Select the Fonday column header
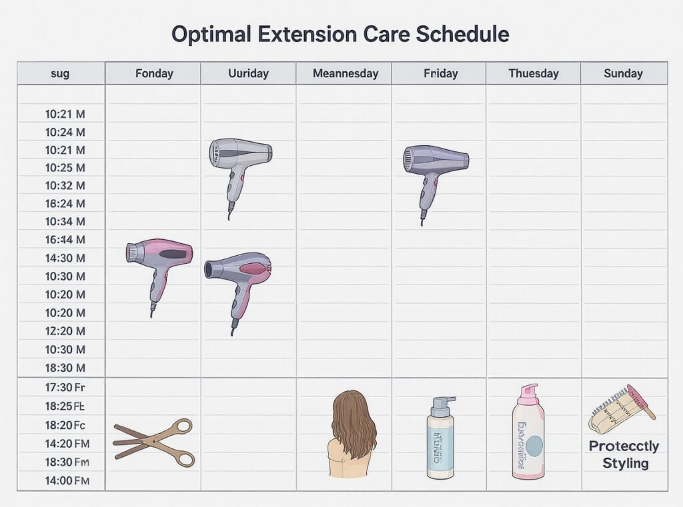(154, 73)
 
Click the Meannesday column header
(346, 73)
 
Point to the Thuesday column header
(534, 73)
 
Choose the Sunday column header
(623, 73)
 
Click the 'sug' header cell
(60, 73)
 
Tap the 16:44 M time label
(65, 240)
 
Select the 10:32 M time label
(65, 186)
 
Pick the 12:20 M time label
(65, 331)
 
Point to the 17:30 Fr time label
(65, 387)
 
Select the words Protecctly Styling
(624, 454)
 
